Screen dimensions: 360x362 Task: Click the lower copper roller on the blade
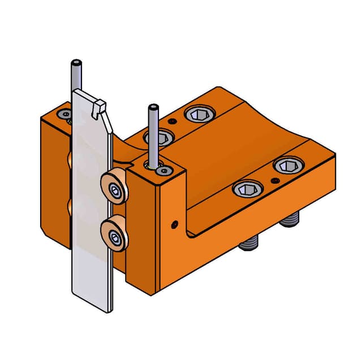click(x=114, y=232)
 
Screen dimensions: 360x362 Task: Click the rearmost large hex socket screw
click(x=199, y=115)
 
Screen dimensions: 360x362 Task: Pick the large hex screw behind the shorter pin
click(x=160, y=137)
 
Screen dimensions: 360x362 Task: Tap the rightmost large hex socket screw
click(x=288, y=165)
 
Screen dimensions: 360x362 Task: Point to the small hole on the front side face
click(x=174, y=222)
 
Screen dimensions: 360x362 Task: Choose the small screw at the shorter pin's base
click(x=164, y=170)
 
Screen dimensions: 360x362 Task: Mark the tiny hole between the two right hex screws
click(x=274, y=180)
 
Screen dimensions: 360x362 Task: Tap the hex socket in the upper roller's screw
click(x=115, y=190)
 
